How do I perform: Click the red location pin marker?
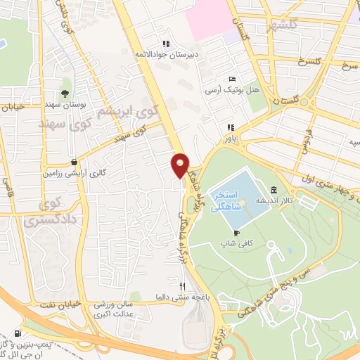point(181,165)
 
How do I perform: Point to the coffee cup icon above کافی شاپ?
point(237,233)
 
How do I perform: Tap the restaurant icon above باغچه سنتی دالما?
point(183,286)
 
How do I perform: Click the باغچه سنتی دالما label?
point(182,297)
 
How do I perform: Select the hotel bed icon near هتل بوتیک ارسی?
point(233,79)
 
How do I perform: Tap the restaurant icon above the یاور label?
point(229,128)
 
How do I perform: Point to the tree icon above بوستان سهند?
point(65,92)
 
